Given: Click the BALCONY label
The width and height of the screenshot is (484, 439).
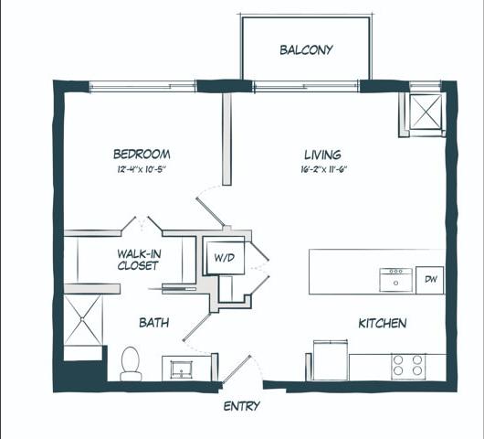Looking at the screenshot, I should click(306, 50).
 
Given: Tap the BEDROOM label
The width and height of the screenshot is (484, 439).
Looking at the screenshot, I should click(142, 155).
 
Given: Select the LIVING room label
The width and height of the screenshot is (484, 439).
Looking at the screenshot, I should click(322, 155).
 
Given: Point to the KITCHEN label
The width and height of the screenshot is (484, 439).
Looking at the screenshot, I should click(382, 323).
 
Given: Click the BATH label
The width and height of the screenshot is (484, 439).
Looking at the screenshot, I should click(153, 323).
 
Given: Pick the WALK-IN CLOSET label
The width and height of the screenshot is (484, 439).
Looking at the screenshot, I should click(138, 260).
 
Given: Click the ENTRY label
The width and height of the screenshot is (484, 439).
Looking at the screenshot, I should click(241, 406).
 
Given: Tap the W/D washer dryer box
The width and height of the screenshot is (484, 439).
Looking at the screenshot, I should click(224, 258).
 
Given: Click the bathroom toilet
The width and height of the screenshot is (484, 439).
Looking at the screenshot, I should click(132, 363).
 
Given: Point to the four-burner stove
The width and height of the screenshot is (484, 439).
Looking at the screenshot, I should click(407, 366).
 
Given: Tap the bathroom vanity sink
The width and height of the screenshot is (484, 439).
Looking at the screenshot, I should click(181, 369).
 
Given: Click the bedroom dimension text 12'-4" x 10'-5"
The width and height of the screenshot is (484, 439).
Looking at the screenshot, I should click(141, 170).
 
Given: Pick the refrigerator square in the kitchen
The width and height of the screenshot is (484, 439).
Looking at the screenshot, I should click(329, 359).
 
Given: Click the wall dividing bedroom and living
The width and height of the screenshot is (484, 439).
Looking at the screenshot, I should click(226, 137).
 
